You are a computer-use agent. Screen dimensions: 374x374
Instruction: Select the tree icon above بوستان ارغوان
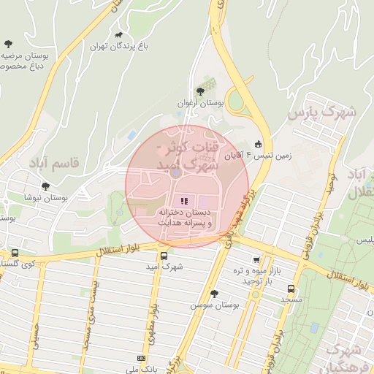click(200, 91)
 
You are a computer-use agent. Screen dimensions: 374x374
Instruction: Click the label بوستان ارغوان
click(200, 104)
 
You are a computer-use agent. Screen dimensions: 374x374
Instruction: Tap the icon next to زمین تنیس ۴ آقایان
click(257, 144)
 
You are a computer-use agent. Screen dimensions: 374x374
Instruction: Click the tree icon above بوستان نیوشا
click(47, 186)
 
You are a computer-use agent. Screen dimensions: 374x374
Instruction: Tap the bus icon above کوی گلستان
click(15, 253)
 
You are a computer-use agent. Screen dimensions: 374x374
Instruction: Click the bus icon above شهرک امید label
click(164, 256)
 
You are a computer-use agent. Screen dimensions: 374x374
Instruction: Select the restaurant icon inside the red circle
click(183, 200)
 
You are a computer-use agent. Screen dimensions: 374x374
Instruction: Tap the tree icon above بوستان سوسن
click(213, 294)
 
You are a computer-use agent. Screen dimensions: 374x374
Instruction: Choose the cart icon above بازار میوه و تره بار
click(256, 260)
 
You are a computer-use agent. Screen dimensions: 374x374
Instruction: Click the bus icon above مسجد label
click(291, 289)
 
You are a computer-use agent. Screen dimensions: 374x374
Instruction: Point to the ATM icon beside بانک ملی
click(141, 359)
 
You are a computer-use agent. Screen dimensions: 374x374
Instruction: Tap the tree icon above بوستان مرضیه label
click(8, 45)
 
